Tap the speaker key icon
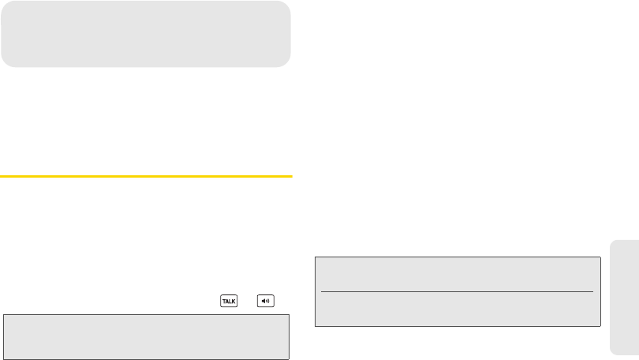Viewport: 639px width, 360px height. [265, 302]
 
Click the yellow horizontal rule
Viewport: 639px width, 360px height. [146, 176]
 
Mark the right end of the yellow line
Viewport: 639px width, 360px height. [291, 176]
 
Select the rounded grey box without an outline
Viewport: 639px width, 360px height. [146, 33]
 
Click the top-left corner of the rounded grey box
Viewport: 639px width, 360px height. [3, 2]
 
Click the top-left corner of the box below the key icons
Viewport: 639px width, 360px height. [3, 315]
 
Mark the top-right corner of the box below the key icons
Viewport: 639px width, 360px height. [290, 315]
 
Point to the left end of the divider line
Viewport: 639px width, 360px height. [323, 291]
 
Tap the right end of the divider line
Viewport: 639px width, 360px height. [592, 291]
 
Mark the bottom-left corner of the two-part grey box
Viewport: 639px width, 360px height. [316, 325]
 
